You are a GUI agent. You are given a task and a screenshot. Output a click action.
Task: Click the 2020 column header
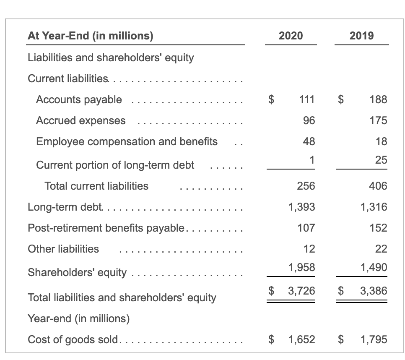291,36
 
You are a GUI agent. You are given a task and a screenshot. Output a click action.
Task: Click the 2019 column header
361,36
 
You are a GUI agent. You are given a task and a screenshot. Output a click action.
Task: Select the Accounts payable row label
79,99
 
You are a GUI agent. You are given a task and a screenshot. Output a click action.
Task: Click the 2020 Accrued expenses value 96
309,120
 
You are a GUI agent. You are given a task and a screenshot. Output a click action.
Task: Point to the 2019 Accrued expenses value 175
378,120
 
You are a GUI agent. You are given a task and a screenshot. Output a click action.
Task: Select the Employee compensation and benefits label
127,141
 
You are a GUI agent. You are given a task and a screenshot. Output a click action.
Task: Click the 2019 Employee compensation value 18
381,141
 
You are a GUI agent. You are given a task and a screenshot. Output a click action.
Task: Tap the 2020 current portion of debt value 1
312,159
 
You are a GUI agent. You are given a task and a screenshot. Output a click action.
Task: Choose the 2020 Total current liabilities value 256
306,186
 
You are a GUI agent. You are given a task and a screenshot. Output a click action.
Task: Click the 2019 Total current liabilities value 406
378,186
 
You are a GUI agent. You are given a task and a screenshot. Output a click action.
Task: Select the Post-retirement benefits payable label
106,228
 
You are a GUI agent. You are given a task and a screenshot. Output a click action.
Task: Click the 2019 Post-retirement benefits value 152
378,228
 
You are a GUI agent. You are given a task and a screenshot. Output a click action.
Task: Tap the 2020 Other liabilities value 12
309,249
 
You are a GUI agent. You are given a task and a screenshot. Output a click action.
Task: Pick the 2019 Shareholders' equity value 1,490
374,267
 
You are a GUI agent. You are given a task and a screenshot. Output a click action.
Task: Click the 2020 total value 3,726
302,290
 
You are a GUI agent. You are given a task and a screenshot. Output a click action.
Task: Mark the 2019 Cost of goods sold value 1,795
374,339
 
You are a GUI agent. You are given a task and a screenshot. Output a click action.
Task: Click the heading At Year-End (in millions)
90,36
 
